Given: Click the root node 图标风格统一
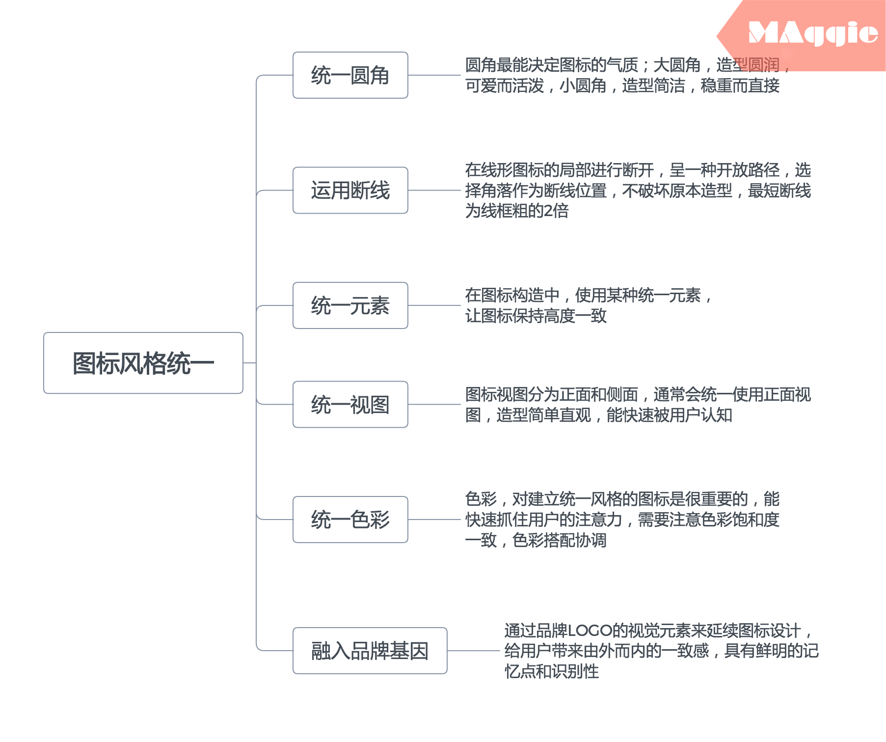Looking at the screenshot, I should coord(143,363).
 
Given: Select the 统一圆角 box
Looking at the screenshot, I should coord(350,75).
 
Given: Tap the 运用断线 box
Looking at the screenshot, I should coord(350,190).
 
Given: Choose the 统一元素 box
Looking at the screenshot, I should coord(350,305).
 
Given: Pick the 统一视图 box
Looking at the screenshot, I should coord(350,404).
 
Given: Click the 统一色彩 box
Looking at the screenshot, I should coord(350,520).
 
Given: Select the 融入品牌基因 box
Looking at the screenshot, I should coord(370,651).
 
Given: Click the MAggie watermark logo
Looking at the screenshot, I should coord(812,33).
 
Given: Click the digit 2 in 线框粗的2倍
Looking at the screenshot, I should coord(548,211).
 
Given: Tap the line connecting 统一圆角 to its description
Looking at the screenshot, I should coord(434,75).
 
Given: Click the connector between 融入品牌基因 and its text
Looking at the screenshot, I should coord(473,651).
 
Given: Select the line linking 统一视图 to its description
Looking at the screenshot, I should coord(434,404).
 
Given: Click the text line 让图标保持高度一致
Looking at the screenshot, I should coord(536,316).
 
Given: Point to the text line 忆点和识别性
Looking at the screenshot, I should coord(551,671).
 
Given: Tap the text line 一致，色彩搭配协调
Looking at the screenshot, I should coord(536,540).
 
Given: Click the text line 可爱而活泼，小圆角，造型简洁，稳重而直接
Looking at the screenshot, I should coord(622,86).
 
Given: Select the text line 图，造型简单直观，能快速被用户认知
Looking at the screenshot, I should coord(598,415).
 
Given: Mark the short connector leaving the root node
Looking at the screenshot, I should coord(249,363).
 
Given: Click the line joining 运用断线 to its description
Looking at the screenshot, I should coord(434,190).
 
